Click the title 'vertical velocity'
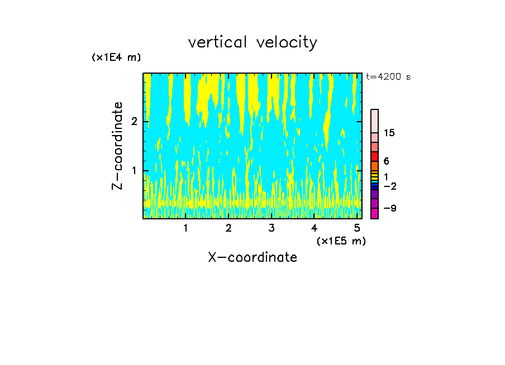tap(252, 42)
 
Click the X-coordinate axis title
tap(252, 257)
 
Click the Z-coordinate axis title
tap(117, 146)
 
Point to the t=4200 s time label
tap(388, 77)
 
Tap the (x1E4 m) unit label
tap(116, 57)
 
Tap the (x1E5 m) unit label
tap(341, 241)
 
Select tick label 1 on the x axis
tap(186, 228)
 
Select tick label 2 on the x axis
tap(228, 228)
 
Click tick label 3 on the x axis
tap(271, 228)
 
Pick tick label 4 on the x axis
tap(314, 228)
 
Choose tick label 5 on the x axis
tap(356, 228)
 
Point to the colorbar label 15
tap(389, 133)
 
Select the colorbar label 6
tap(387, 161)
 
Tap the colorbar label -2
tap(389, 186)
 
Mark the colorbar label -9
tap(389, 208)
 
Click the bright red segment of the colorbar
tap(374, 156)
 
